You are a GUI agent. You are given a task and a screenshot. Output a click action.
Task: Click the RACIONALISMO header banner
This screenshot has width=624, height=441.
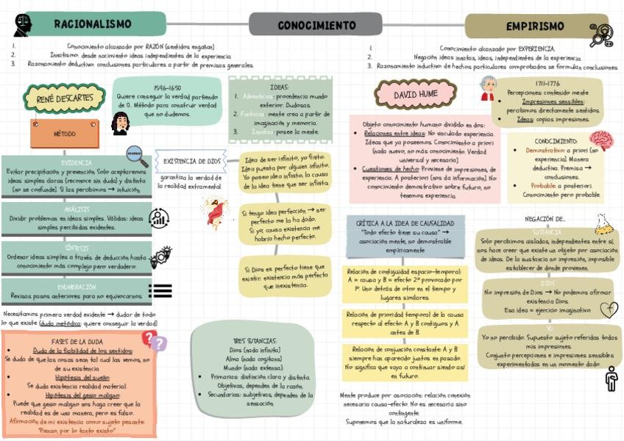pos(93,24)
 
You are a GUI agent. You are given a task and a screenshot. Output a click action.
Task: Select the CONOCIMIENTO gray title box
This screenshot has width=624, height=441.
pos(316,25)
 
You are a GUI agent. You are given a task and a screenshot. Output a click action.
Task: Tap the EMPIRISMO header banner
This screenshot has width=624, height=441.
pos(535,26)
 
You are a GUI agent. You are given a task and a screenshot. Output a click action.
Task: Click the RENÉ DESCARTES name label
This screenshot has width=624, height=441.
pos(65,97)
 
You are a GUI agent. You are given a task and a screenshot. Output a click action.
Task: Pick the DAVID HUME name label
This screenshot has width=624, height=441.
pos(415,96)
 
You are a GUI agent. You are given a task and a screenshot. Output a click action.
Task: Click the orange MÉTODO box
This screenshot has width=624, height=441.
pos(65,135)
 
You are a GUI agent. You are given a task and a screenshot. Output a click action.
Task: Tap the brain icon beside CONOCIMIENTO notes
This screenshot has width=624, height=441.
pos(600,141)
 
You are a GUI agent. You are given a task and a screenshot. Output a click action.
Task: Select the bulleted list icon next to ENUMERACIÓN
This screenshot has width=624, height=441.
pos(160,290)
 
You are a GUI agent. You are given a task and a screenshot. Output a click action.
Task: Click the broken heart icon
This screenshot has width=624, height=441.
pos(609,309)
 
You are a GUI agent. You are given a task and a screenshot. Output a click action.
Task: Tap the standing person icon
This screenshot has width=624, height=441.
pos(611,379)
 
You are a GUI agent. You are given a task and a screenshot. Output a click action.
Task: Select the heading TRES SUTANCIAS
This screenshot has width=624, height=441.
pos(255,341)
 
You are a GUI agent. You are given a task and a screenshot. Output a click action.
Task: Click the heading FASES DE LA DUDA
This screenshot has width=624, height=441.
pos(77,342)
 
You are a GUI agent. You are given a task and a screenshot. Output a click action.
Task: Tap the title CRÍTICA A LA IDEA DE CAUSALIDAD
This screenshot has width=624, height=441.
pos(405,223)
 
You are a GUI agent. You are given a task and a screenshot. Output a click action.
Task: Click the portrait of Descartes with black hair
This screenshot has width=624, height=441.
pos(120,123)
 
